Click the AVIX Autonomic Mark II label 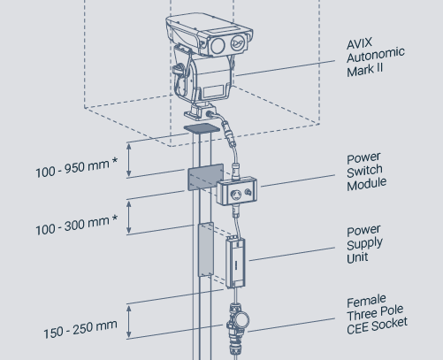click(376, 57)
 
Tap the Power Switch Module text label click(366, 172)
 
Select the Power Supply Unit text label click(364, 245)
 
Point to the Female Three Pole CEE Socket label click(377, 315)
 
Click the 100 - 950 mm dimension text click(77, 167)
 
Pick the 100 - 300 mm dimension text click(77, 225)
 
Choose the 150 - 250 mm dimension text click(80, 329)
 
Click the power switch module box click(237, 191)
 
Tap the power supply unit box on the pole click(235, 263)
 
